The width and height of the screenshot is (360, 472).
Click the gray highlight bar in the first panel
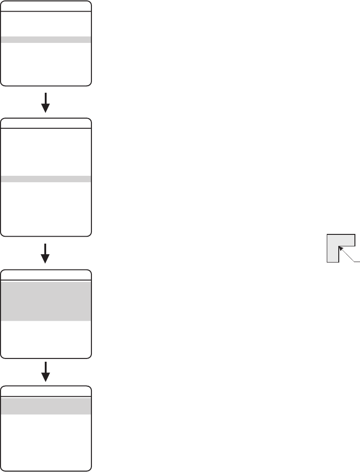46,40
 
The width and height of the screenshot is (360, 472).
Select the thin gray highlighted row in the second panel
46,179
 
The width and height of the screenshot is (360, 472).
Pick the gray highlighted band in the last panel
46,406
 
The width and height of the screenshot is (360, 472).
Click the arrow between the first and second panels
46,102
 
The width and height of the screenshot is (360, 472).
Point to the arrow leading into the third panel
46,253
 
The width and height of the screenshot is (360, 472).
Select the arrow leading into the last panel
46,371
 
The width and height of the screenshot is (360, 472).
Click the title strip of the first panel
46,6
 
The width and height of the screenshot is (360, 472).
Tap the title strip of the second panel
46,124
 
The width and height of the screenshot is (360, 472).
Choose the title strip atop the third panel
46,275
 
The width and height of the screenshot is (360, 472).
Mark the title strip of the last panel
46,391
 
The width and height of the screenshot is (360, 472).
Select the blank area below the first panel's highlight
46,62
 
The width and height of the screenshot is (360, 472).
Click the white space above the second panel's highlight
46,152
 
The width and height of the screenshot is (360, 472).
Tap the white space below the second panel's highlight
46,208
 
